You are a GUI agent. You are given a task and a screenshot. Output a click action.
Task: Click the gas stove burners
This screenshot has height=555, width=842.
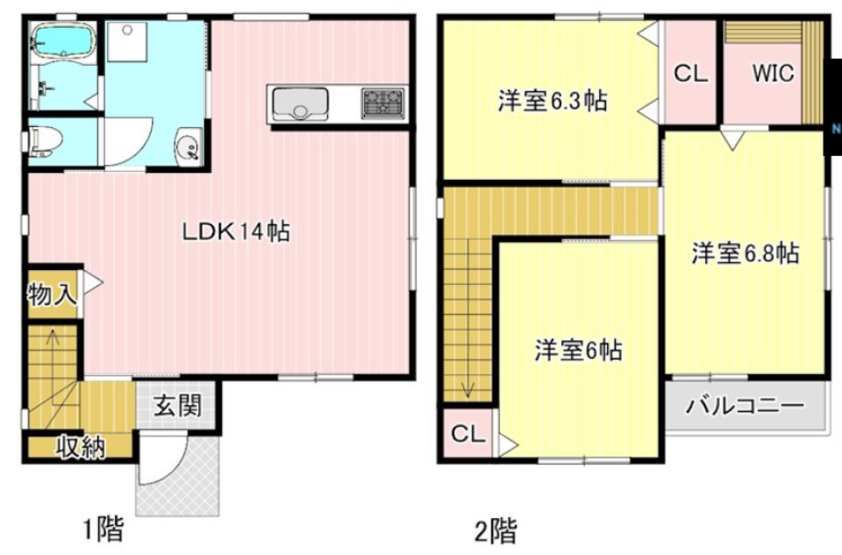[x=384, y=103]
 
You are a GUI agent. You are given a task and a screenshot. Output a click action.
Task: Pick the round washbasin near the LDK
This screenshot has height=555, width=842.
[x=187, y=146]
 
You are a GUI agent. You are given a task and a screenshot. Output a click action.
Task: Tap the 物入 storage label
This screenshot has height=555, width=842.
[x=52, y=293]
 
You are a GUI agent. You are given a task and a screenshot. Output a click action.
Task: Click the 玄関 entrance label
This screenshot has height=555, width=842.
[x=179, y=405]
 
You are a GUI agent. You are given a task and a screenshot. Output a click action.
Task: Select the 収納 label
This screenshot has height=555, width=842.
[x=81, y=447]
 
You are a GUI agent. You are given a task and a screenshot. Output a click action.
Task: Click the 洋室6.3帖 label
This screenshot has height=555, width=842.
[x=553, y=101]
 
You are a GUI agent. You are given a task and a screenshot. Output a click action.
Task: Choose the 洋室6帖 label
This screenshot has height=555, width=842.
[x=579, y=351]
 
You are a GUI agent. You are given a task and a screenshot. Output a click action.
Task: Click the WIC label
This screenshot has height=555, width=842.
[x=773, y=74]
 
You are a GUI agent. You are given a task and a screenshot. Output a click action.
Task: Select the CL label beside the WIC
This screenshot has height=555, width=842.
[x=690, y=75]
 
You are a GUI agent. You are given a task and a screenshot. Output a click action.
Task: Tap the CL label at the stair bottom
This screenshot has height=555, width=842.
[x=468, y=434]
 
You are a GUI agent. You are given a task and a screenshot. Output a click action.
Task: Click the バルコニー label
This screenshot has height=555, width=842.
[x=745, y=406]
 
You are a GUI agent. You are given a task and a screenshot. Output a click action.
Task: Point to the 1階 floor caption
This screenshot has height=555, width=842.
[x=103, y=530]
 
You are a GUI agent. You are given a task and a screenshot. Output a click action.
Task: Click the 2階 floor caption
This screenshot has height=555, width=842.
[x=496, y=530]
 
